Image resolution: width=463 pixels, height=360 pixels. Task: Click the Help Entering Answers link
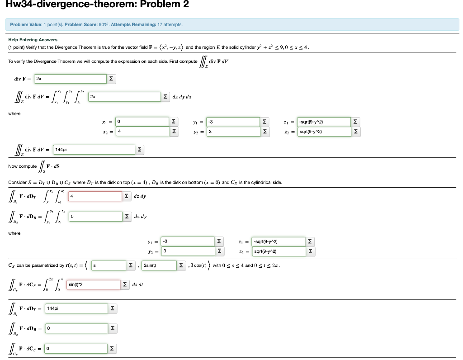pyautogui.click(x=33, y=40)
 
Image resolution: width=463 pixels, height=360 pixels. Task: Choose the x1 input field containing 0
pyautogui.click(x=142, y=122)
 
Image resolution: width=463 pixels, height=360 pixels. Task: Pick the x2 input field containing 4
pyautogui.click(x=142, y=131)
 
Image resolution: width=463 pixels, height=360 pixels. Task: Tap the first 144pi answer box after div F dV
pyautogui.click(x=94, y=149)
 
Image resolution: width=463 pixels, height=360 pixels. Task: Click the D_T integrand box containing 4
pyautogui.click(x=95, y=196)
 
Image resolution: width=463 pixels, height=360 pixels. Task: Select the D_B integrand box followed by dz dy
pyautogui.click(x=95, y=217)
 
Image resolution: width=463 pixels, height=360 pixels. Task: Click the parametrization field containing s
pyautogui.click(x=109, y=265)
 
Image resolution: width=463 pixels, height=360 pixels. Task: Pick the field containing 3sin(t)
pyautogui.click(x=158, y=265)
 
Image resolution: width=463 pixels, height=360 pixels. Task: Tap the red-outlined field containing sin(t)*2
pyautogui.click(x=94, y=284)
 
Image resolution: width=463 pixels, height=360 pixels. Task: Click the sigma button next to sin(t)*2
pyautogui.click(x=125, y=284)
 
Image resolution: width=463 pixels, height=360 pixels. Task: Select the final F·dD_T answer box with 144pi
pyautogui.click(x=77, y=308)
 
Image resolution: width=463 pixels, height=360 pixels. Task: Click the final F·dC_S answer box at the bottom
pyautogui.click(x=77, y=348)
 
